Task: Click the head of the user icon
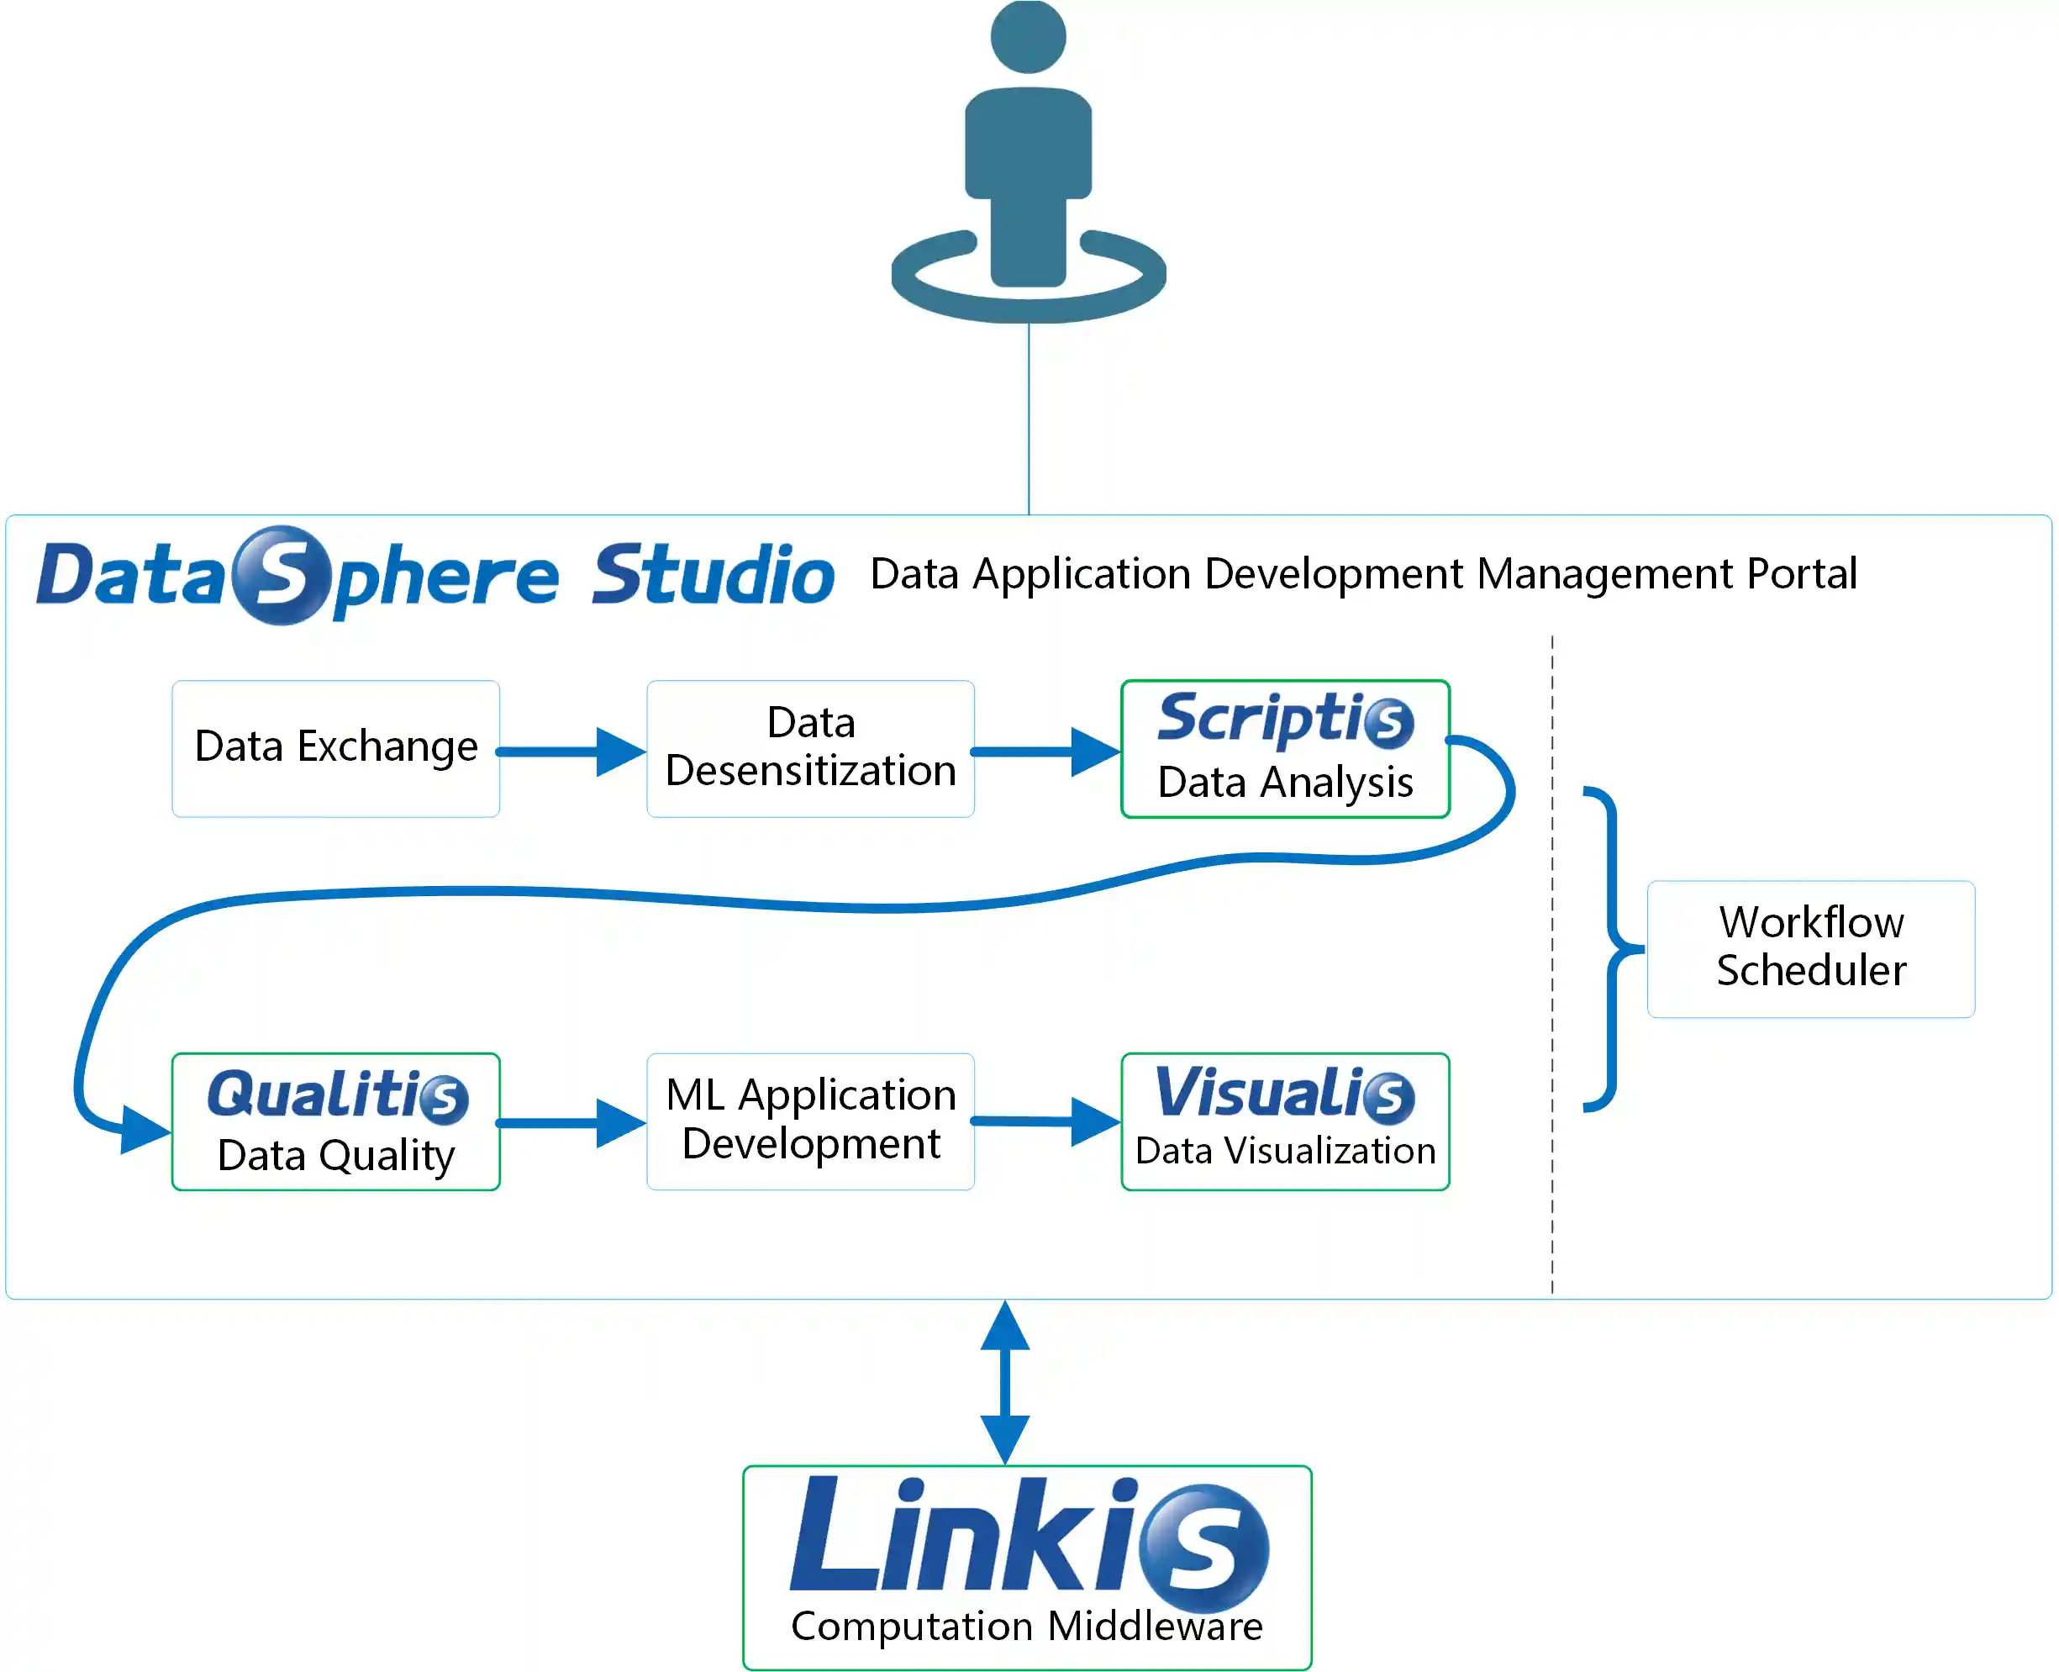coord(1028,37)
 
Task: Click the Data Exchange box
coord(335,747)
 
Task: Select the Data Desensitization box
coord(810,747)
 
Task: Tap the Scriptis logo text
coord(1284,719)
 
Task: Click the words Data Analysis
coord(1285,782)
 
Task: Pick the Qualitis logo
coord(337,1095)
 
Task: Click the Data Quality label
coord(335,1155)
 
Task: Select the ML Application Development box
coord(810,1120)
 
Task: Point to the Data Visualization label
coord(1285,1151)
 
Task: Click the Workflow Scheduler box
coord(1809,947)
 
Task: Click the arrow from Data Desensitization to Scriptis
coord(1045,752)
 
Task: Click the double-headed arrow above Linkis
coord(1004,1382)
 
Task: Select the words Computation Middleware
coord(1027,1626)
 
